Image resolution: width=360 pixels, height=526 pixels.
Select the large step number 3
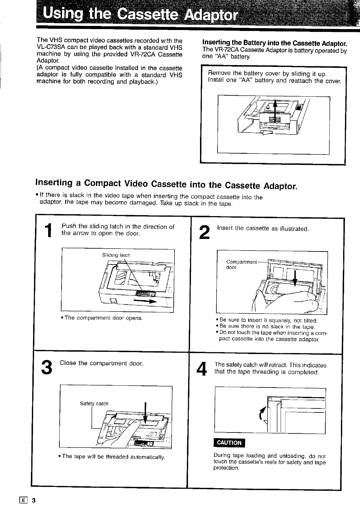click(46, 367)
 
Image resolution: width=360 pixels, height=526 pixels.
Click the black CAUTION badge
click(229, 443)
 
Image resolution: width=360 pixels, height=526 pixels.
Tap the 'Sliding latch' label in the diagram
click(116, 255)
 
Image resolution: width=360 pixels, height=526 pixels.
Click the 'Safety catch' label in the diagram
click(94, 403)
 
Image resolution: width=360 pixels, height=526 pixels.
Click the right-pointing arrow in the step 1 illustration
click(145, 301)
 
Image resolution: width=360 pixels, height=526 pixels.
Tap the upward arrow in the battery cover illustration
click(275, 112)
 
